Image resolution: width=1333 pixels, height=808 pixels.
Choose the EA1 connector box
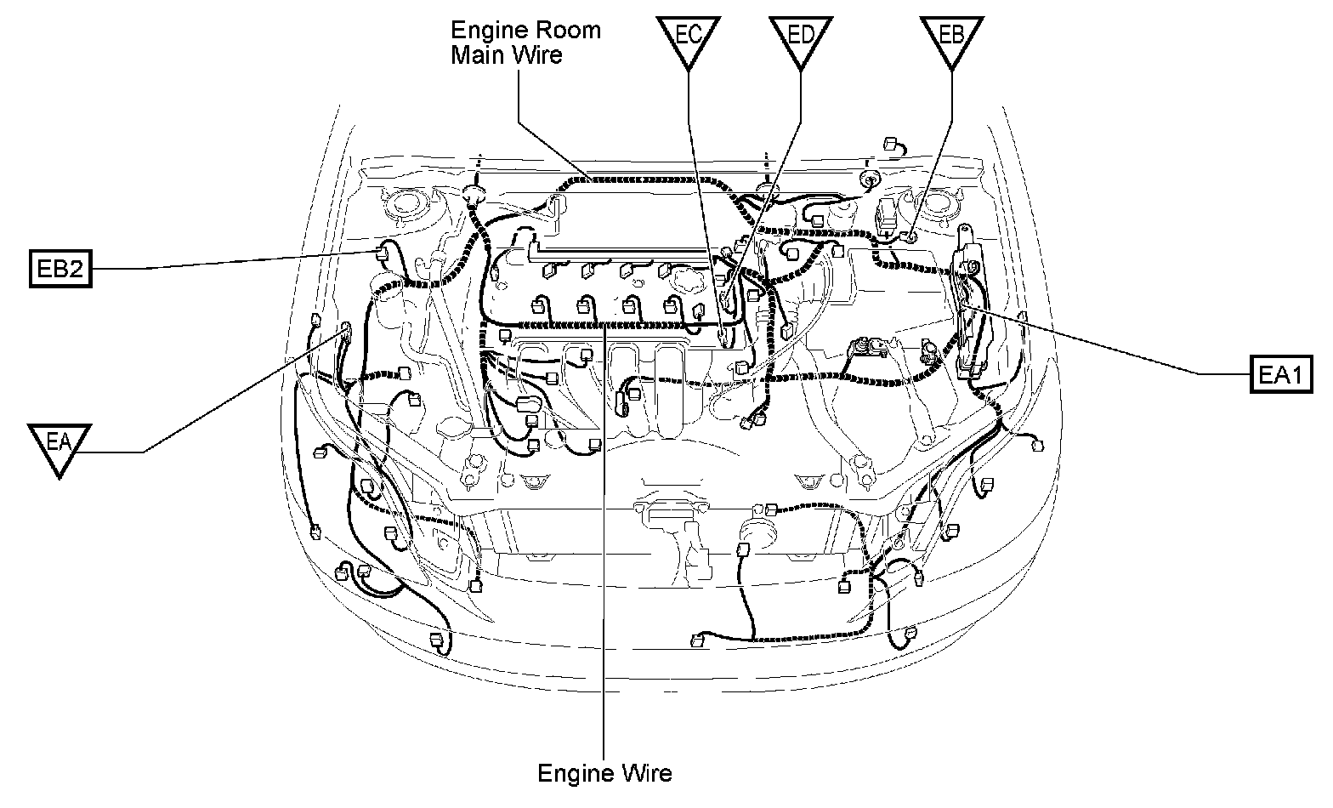(x=1280, y=374)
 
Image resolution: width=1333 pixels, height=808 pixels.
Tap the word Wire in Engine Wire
(x=645, y=773)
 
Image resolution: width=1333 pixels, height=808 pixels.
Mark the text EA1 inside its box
(x=1280, y=374)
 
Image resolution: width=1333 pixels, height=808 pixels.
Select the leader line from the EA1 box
(x=1105, y=344)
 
